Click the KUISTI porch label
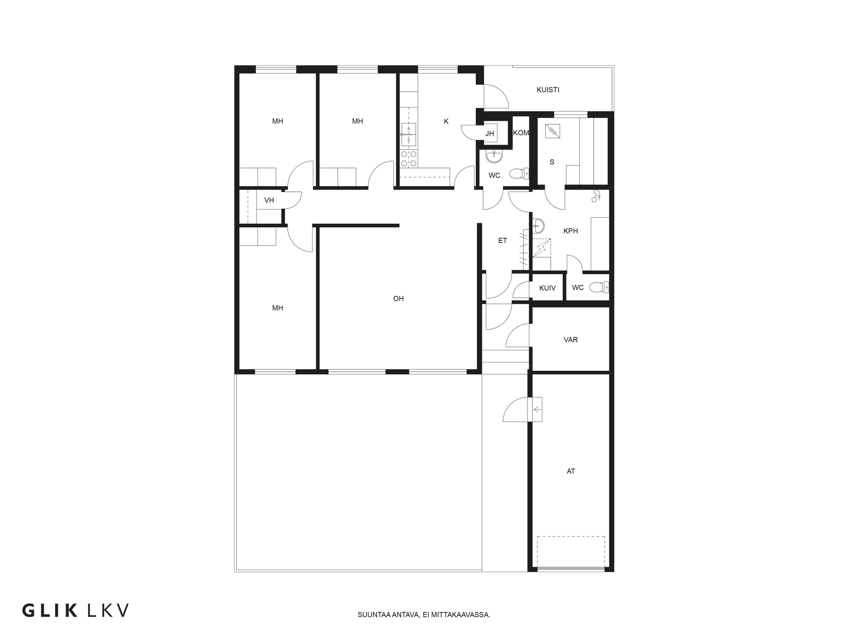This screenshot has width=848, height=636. tap(548, 90)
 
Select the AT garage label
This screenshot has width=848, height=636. tap(571, 471)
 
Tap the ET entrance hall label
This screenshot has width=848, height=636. tap(503, 240)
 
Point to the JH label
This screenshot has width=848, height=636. tap(490, 133)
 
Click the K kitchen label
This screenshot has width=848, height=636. tap(446, 121)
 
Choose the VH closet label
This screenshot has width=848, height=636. tap(269, 200)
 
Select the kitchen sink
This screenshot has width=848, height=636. tap(409, 135)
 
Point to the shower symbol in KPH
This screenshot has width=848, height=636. tap(596, 196)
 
